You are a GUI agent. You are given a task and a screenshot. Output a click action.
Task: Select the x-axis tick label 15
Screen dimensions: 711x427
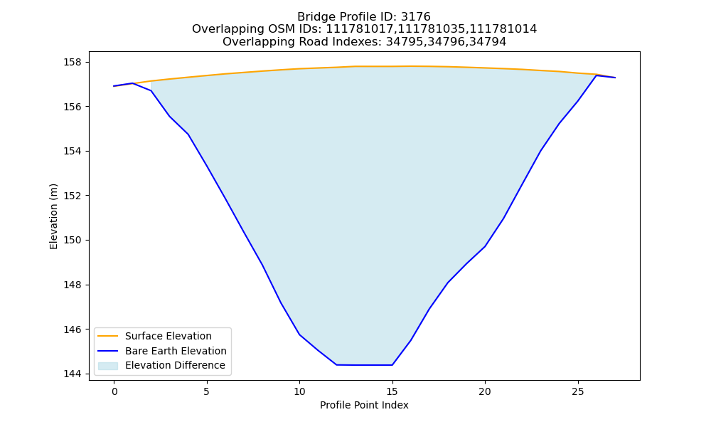point(392,391)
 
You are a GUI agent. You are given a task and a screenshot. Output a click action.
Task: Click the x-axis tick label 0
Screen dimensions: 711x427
point(114,391)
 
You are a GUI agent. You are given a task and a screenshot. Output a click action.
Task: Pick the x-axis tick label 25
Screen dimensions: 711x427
point(577,391)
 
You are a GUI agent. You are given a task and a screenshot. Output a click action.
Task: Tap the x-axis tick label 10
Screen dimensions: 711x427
point(299,391)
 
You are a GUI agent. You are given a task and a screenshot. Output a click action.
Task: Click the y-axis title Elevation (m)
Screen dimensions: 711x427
point(53,216)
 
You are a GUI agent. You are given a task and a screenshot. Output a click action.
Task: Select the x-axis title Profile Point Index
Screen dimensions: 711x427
point(364,405)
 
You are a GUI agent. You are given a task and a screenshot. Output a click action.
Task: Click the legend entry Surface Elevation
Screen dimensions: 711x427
point(169,336)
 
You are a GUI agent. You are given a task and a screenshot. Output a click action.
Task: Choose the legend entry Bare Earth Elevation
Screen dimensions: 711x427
point(176,351)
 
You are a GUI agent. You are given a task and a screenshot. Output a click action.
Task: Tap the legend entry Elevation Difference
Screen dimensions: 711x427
point(175,365)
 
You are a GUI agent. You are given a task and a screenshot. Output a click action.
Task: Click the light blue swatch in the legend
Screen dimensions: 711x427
point(108,366)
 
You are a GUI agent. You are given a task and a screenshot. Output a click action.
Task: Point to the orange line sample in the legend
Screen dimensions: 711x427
point(108,336)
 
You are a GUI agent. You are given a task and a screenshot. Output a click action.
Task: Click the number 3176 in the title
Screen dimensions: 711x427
point(415,17)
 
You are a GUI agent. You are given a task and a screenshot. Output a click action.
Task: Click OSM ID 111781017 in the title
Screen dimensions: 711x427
point(360,29)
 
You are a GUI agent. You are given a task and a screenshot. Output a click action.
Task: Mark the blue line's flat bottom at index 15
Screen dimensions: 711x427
point(392,365)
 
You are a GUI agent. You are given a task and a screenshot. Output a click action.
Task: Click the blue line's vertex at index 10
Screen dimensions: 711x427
point(299,334)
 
